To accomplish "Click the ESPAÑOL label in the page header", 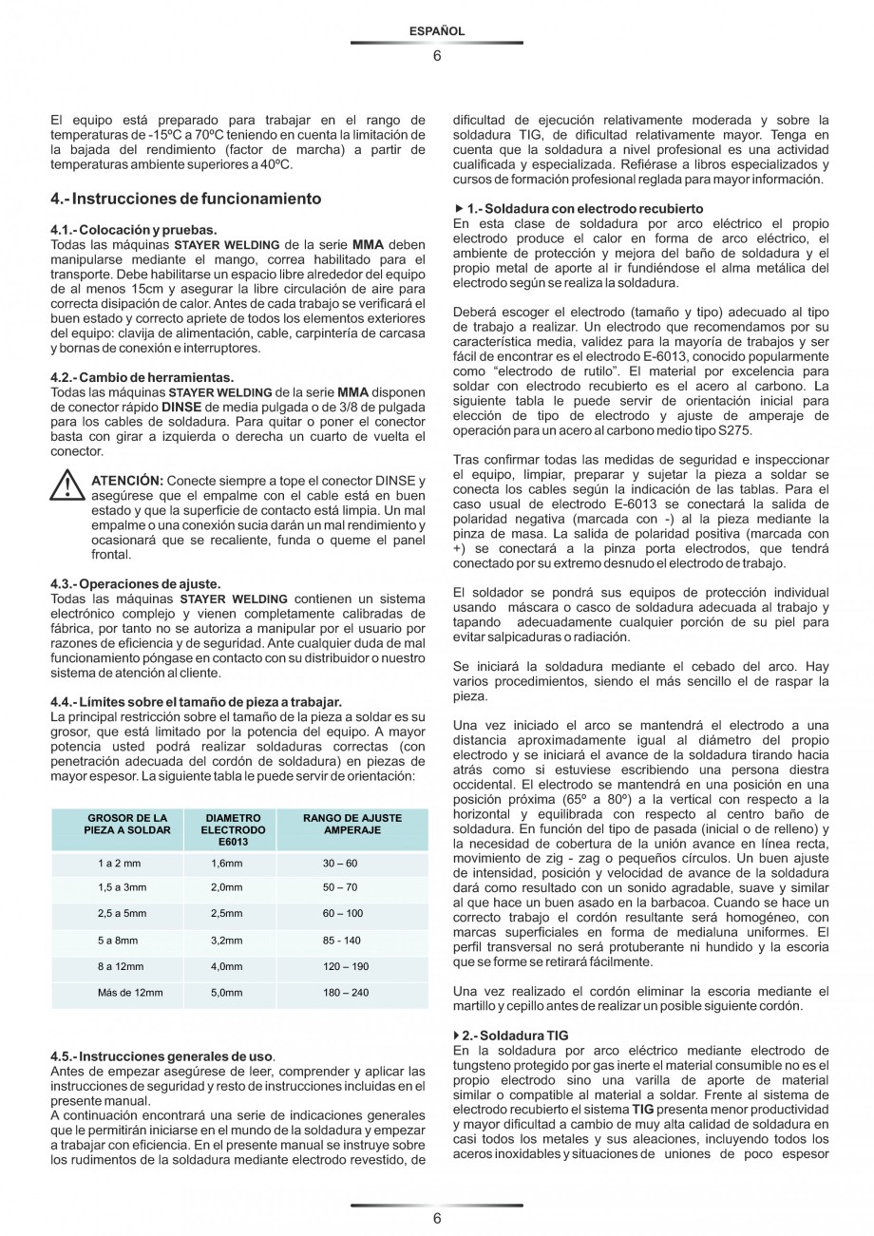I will point(436,31).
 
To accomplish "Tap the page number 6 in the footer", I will point(436,1219).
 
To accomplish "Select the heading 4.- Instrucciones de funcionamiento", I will point(185,199).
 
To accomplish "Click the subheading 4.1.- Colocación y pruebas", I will point(133,231).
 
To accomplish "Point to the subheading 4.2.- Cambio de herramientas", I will point(142,377).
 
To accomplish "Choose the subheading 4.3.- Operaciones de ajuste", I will point(135,582).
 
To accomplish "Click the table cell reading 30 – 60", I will point(340,863).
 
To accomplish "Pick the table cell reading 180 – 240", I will point(346,993).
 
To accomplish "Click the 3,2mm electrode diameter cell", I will point(226,941).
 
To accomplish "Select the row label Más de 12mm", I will point(130,993).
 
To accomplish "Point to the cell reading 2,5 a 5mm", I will point(122,914).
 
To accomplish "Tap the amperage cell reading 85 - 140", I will point(342,941).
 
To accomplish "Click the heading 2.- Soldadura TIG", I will point(514,1035).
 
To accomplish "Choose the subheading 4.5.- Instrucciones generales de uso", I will point(162,1056).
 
